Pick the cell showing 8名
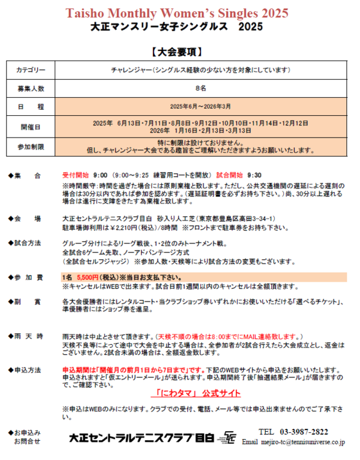pyautogui.click(x=201, y=88)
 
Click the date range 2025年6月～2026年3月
pyautogui.click(x=201, y=106)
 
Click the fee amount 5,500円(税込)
pyautogui.click(x=97, y=277)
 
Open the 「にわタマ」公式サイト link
pyautogui.click(x=196, y=394)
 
